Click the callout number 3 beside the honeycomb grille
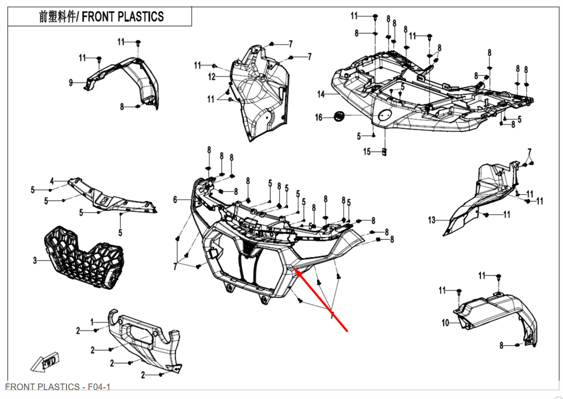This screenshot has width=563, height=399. tap(35, 260)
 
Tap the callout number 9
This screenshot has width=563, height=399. tap(71, 83)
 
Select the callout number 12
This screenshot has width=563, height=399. tap(212, 76)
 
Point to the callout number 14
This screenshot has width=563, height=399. tap(321, 94)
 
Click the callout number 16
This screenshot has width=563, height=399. tap(319, 117)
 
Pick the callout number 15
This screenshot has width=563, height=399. tap(367, 152)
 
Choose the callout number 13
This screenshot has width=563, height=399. tap(432, 220)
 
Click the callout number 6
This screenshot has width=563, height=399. tap(175, 199)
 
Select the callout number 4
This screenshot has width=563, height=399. tap(51, 181)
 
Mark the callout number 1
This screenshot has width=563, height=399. tap(92, 321)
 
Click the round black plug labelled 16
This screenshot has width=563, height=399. tap(339, 116)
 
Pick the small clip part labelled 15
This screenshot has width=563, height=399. tap(385, 151)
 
